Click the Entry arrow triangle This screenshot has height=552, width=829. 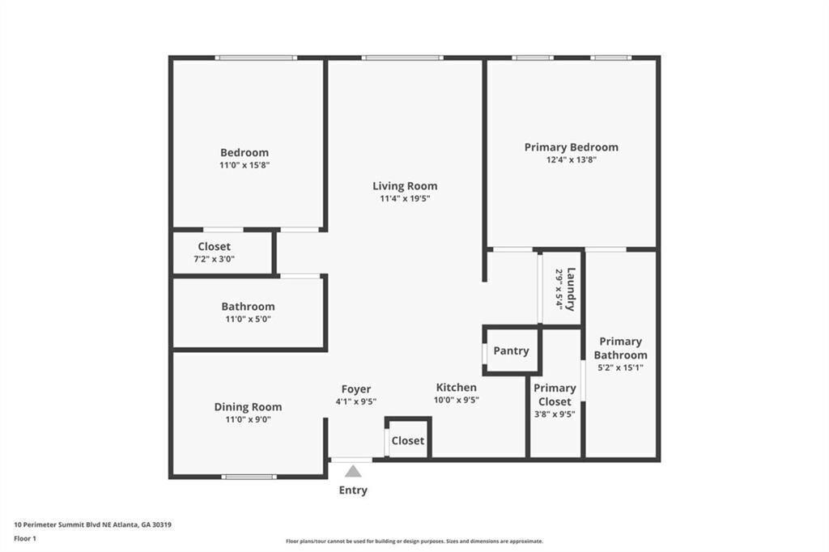353,471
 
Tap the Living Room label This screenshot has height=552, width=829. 405,186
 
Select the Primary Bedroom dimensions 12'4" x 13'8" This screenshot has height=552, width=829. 571,160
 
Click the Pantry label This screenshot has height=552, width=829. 511,350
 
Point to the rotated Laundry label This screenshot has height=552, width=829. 571,289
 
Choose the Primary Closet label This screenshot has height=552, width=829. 555,395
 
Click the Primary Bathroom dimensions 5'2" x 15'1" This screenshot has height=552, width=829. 620,367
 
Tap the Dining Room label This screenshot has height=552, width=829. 248,407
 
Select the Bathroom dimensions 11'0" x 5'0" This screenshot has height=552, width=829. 248,319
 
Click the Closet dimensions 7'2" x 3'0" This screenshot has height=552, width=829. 214,259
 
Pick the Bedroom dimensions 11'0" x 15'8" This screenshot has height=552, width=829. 244,165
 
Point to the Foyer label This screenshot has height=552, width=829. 355,389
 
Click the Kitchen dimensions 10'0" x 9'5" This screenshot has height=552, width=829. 457,400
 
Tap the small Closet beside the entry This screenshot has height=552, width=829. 407,441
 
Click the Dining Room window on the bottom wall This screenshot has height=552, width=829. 249,477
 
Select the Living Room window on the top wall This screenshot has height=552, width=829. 402,57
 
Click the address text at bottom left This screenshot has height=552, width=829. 92,524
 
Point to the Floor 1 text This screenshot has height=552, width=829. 28,537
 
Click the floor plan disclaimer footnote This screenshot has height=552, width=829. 414,541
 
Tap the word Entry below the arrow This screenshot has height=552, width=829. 353,490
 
